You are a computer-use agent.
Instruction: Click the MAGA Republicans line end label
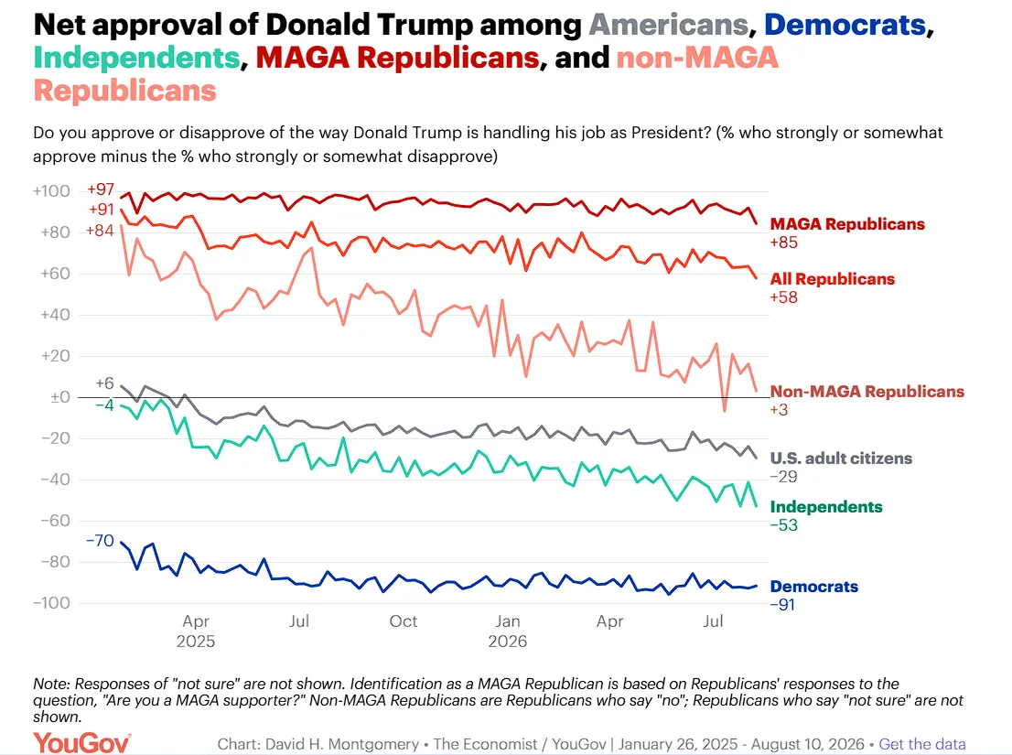[x=847, y=224]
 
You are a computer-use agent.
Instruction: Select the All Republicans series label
[x=833, y=279]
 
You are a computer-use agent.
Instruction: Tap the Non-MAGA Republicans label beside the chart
[x=867, y=391]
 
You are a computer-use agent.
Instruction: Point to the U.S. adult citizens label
[x=841, y=458]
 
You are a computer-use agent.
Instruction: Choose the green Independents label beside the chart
[x=826, y=507]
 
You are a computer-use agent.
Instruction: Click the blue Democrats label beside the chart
[x=813, y=587]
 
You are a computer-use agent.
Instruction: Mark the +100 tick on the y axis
[x=51, y=191]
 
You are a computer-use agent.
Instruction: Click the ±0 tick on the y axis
[x=60, y=397]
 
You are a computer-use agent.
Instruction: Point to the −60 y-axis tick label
[x=56, y=521]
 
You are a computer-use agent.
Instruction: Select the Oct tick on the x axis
[x=404, y=621]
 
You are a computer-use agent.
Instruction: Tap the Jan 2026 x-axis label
[x=508, y=631]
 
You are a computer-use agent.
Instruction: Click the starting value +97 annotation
[x=101, y=189]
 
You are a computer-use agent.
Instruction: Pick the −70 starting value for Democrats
[x=100, y=540]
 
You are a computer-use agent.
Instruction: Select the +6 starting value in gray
[x=104, y=383]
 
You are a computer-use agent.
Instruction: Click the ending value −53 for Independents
[x=784, y=525]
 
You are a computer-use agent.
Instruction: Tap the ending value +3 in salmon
[x=779, y=410]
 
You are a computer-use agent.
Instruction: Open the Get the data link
[x=922, y=744]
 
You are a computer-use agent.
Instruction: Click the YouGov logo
[x=82, y=743]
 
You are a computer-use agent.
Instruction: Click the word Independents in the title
[x=137, y=58]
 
